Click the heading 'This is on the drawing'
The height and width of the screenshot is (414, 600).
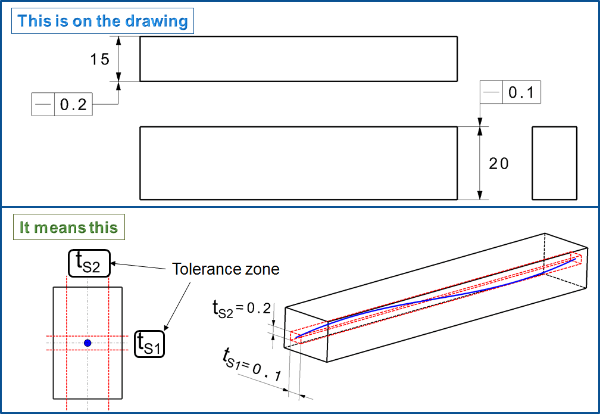(x=102, y=21)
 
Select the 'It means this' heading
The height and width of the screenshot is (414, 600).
(x=68, y=228)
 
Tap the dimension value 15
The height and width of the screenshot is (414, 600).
(x=100, y=59)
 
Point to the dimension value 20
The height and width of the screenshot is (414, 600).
(x=499, y=164)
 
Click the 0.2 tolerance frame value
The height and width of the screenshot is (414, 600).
(x=74, y=105)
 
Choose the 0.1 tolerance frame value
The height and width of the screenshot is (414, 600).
(x=521, y=94)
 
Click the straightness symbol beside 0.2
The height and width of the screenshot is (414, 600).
(x=43, y=105)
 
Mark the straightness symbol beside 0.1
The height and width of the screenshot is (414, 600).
(x=492, y=94)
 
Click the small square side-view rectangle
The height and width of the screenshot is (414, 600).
(x=554, y=163)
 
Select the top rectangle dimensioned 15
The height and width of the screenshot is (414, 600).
(x=298, y=58)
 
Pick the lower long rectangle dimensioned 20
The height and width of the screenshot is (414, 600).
(x=298, y=163)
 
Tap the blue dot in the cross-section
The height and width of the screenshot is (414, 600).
(x=87, y=343)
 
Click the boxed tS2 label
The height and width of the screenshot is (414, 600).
(x=90, y=263)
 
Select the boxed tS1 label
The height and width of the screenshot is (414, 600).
(x=149, y=343)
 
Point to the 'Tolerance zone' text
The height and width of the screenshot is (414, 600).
(x=226, y=269)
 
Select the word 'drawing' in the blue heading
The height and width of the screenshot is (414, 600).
(x=157, y=21)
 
